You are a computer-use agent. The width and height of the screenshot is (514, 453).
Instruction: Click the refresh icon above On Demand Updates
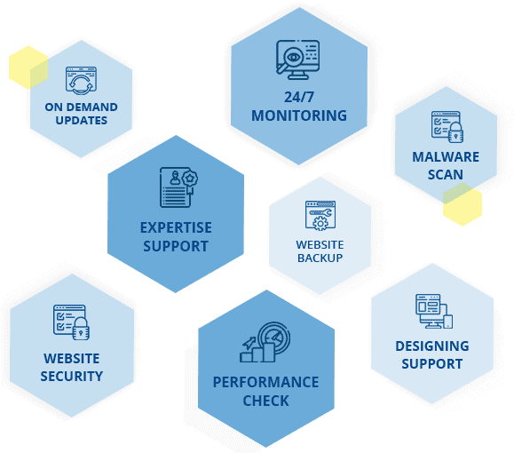click(81, 81)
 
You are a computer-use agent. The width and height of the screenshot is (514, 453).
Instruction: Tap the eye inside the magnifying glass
click(293, 57)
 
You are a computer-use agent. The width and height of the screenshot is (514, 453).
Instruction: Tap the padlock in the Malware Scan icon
click(455, 132)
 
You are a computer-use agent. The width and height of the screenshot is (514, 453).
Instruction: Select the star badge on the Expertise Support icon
click(189, 179)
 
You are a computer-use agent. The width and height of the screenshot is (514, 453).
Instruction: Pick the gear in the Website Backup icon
click(320, 224)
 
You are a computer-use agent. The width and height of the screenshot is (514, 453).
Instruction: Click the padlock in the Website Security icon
click(81, 329)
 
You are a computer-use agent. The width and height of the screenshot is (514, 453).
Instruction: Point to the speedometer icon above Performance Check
click(273, 338)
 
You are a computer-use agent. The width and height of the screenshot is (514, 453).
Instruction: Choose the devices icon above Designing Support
click(434, 311)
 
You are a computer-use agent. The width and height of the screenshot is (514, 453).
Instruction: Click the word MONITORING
click(299, 115)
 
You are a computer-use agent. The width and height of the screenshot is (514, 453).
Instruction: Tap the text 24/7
click(299, 97)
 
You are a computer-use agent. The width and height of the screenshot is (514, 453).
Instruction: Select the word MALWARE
click(446, 157)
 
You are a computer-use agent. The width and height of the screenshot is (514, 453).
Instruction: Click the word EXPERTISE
click(176, 227)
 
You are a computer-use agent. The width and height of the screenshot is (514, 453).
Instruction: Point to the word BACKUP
click(320, 258)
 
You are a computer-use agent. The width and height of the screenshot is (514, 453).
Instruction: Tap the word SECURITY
click(72, 377)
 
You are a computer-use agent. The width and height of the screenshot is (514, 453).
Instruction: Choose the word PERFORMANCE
click(265, 382)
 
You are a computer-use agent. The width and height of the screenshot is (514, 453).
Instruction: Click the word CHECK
click(265, 401)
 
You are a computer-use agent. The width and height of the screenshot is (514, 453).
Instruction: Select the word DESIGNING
click(432, 346)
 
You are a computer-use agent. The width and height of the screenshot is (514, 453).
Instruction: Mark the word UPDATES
click(82, 121)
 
